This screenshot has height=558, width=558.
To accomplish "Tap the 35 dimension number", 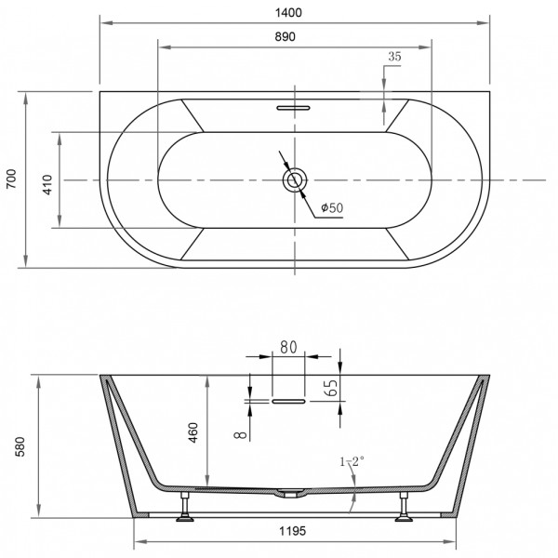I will coord(393,57).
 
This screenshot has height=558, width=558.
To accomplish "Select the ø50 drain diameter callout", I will coord(332,208).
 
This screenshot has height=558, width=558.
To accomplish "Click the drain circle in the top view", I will coord(296,179).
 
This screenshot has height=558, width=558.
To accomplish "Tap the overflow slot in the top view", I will coord(295,108).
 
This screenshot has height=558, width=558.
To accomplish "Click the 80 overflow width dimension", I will coord(288,347).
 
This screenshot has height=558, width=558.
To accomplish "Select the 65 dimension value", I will coord(331,388).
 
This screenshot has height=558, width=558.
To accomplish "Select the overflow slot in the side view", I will coord(288,402).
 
